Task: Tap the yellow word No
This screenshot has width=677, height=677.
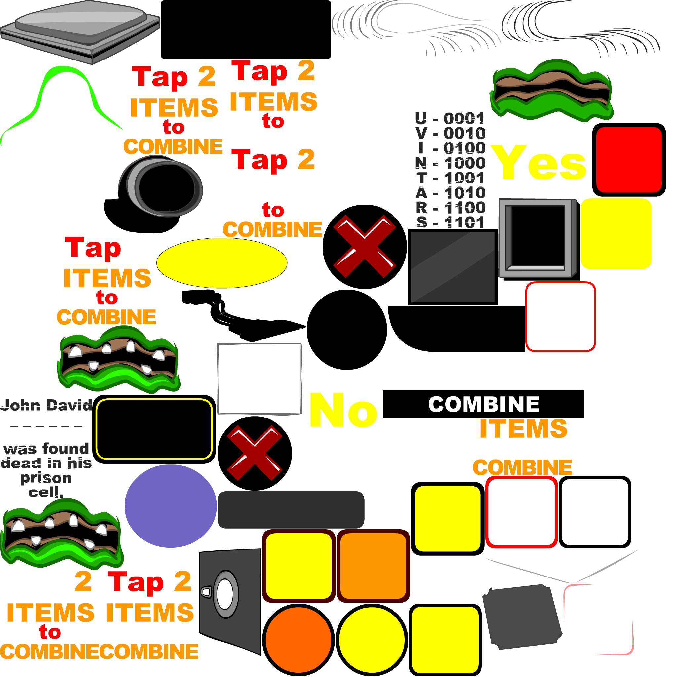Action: click(343, 410)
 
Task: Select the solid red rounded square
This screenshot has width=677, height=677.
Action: click(629, 160)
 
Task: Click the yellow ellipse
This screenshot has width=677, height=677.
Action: click(222, 263)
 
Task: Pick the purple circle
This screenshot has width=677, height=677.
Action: click(171, 506)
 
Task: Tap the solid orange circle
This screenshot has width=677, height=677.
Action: click(298, 640)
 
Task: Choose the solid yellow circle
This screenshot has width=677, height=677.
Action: click(372, 640)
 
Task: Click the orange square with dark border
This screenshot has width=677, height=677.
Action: click(373, 566)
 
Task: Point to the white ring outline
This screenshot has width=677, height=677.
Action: click(369, 158)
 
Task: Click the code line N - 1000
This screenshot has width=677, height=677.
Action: click(451, 163)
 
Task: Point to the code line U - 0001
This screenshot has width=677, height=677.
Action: click(450, 118)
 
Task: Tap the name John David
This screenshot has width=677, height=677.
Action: click(46, 405)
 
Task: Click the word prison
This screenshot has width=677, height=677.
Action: click(46, 478)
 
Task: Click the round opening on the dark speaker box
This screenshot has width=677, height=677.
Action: click(225, 594)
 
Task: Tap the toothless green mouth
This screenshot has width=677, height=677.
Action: click(552, 90)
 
